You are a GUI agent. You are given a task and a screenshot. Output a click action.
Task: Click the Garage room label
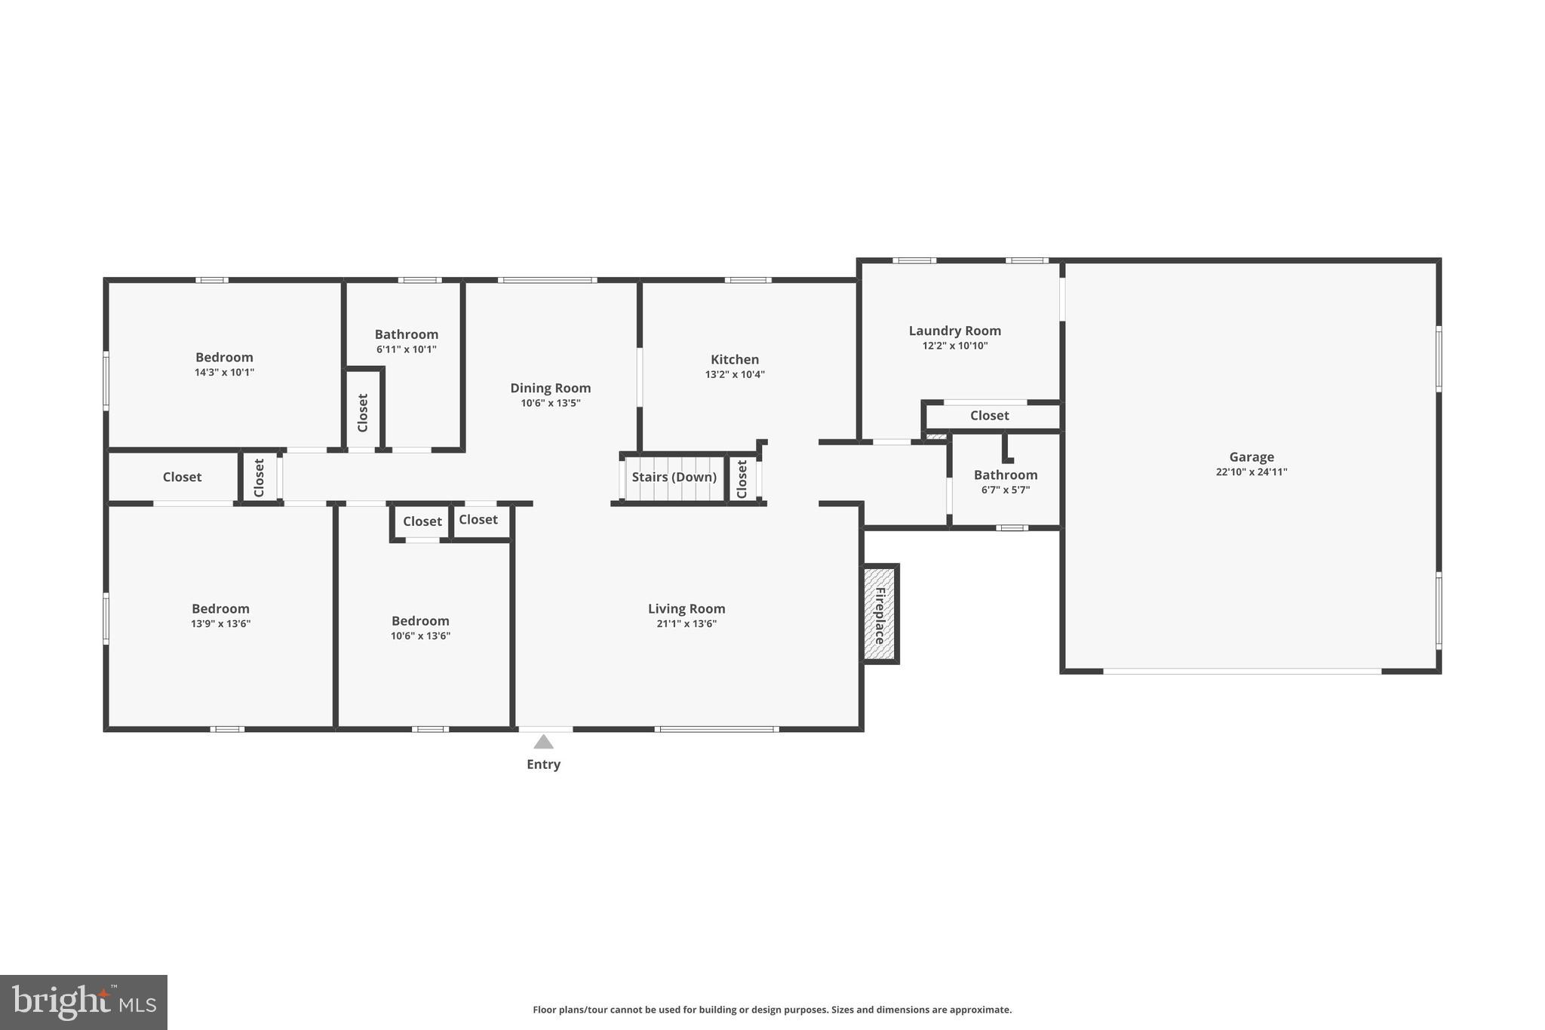[1251, 457]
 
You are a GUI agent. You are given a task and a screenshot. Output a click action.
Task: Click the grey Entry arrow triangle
[543, 743]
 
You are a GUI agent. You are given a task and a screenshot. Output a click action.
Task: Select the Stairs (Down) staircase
[673, 478]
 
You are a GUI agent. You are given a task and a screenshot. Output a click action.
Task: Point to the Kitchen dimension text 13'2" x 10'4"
[734, 374]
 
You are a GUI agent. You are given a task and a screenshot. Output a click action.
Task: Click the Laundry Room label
[954, 331]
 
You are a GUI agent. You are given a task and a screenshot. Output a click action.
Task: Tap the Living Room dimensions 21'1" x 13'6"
[686, 624]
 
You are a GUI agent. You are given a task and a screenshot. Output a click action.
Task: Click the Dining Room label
[550, 388]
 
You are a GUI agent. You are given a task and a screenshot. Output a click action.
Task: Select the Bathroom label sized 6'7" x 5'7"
[1005, 475]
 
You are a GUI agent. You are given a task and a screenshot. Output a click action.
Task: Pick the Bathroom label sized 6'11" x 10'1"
[406, 334]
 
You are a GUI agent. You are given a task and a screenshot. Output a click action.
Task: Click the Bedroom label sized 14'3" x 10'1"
[224, 357]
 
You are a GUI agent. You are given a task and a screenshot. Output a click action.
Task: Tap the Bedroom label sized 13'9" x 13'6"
[220, 608]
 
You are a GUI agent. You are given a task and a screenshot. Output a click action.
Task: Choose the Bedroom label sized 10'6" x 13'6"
[420, 621]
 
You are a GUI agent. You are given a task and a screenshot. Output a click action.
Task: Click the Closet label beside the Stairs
[742, 479]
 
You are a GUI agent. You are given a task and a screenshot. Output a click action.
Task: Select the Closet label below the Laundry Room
[989, 416]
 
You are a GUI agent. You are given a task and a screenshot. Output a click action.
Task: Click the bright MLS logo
[83, 1002]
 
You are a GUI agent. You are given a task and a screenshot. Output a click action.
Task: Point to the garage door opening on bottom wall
[1242, 671]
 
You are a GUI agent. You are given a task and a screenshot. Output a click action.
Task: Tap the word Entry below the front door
[543, 764]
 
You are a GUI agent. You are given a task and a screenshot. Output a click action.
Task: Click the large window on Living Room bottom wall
[716, 729]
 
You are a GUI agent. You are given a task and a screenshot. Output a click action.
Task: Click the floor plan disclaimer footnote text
[772, 1010]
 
